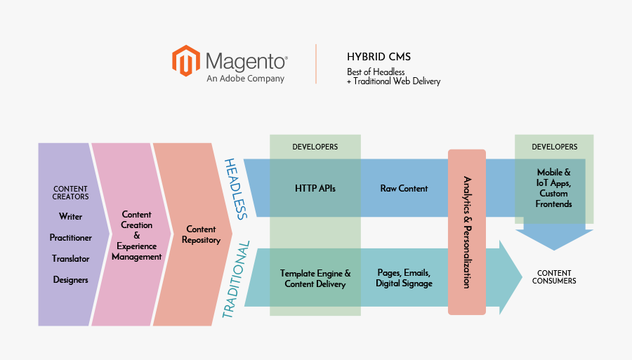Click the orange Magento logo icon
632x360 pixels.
point(185,60)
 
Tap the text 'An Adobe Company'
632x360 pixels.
point(245,79)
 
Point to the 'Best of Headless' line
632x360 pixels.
point(376,72)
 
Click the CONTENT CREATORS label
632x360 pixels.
point(70,193)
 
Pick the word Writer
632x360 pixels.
point(70,217)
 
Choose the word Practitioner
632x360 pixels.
point(70,238)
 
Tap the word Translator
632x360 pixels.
point(70,259)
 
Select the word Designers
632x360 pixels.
point(70,280)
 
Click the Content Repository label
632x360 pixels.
point(201,234)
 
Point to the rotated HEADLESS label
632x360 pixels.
point(236,189)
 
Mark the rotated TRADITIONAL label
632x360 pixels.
point(236,280)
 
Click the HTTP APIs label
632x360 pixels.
point(315,189)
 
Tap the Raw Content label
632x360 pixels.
point(404,189)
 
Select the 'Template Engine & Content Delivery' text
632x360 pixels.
point(315,279)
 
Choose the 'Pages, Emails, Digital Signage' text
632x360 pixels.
point(404,278)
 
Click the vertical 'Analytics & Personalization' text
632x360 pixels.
point(467,232)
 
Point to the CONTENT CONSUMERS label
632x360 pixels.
point(554,277)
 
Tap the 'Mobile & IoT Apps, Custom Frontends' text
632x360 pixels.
point(553,188)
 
